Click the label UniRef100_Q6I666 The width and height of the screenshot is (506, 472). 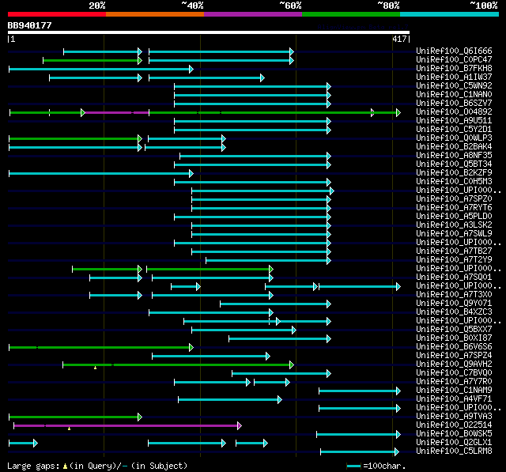pyautogui.click(x=453, y=51)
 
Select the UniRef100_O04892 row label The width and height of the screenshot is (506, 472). pyautogui.click(x=453, y=111)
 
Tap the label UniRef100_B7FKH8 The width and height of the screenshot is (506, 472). pyautogui.click(x=453, y=68)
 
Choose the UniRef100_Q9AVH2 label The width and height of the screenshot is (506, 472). pyautogui.click(x=453, y=364)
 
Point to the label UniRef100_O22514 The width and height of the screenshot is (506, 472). pyautogui.click(x=453, y=425)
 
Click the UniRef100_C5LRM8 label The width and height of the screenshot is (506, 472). pyautogui.click(x=453, y=451)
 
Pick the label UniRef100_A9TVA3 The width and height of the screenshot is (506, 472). pyautogui.click(x=453, y=416)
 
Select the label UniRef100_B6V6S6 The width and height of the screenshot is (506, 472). pyautogui.click(x=453, y=346)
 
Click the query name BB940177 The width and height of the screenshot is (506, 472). pyautogui.click(x=29, y=25)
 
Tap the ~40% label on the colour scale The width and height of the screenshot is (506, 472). pyautogui.click(x=192, y=6)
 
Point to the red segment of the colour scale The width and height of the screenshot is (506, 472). pyautogui.click(x=56, y=14)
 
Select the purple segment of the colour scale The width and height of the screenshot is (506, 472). pyautogui.click(x=252, y=14)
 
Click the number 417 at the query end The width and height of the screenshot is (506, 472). pyautogui.click(x=399, y=39)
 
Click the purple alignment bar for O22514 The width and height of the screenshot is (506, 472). pyautogui.click(x=126, y=425)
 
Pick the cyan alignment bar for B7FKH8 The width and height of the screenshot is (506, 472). pyautogui.click(x=100, y=69)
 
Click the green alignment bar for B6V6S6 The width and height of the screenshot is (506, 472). pyautogui.click(x=100, y=347)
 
